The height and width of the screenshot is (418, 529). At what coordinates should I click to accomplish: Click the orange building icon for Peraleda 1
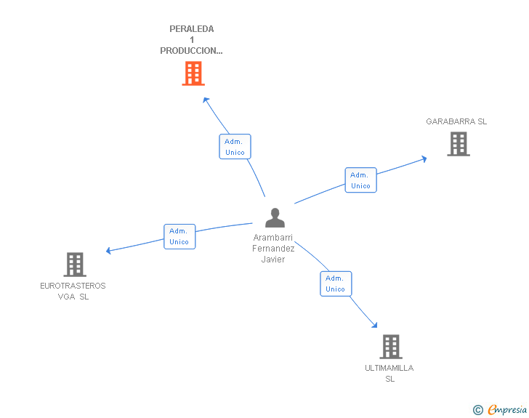point(193,73)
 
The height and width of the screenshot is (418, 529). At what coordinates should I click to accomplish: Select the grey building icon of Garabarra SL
point(458,144)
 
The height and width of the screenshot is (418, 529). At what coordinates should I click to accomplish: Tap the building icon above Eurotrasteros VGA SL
point(74,265)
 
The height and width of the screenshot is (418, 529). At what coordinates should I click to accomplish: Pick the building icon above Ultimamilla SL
point(390,347)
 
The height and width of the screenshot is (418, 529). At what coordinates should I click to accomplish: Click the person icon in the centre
point(275,218)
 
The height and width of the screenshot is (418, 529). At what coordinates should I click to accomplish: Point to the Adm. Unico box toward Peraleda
point(235,147)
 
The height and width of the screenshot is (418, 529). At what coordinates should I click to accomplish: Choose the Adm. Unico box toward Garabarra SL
point(360,180)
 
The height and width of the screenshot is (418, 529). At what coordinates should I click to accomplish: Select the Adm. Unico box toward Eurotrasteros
point(179,236)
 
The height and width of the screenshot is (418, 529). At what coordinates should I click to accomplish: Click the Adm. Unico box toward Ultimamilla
point(335,284)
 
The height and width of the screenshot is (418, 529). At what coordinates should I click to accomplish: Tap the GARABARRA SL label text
point(456,121)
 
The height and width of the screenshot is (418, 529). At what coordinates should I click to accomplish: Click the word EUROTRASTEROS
point(73,286)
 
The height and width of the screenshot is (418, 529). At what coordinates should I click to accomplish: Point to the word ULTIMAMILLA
point(389,368)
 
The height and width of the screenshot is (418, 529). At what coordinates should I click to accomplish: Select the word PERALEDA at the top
point(192,29)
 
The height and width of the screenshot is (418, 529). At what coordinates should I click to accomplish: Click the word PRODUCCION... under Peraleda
point(192,51)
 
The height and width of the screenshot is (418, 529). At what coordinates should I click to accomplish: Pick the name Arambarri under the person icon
point(273,238)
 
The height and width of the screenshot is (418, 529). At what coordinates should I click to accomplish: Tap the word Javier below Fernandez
point(273,260)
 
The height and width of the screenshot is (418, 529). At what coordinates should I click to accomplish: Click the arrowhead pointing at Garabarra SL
point(424,158)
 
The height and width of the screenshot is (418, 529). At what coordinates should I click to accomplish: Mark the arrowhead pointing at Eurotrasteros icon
point(109,251)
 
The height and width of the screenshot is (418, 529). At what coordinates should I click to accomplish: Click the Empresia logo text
point(507,410)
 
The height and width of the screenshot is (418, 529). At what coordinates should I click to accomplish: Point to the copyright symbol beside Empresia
point(477,410)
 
